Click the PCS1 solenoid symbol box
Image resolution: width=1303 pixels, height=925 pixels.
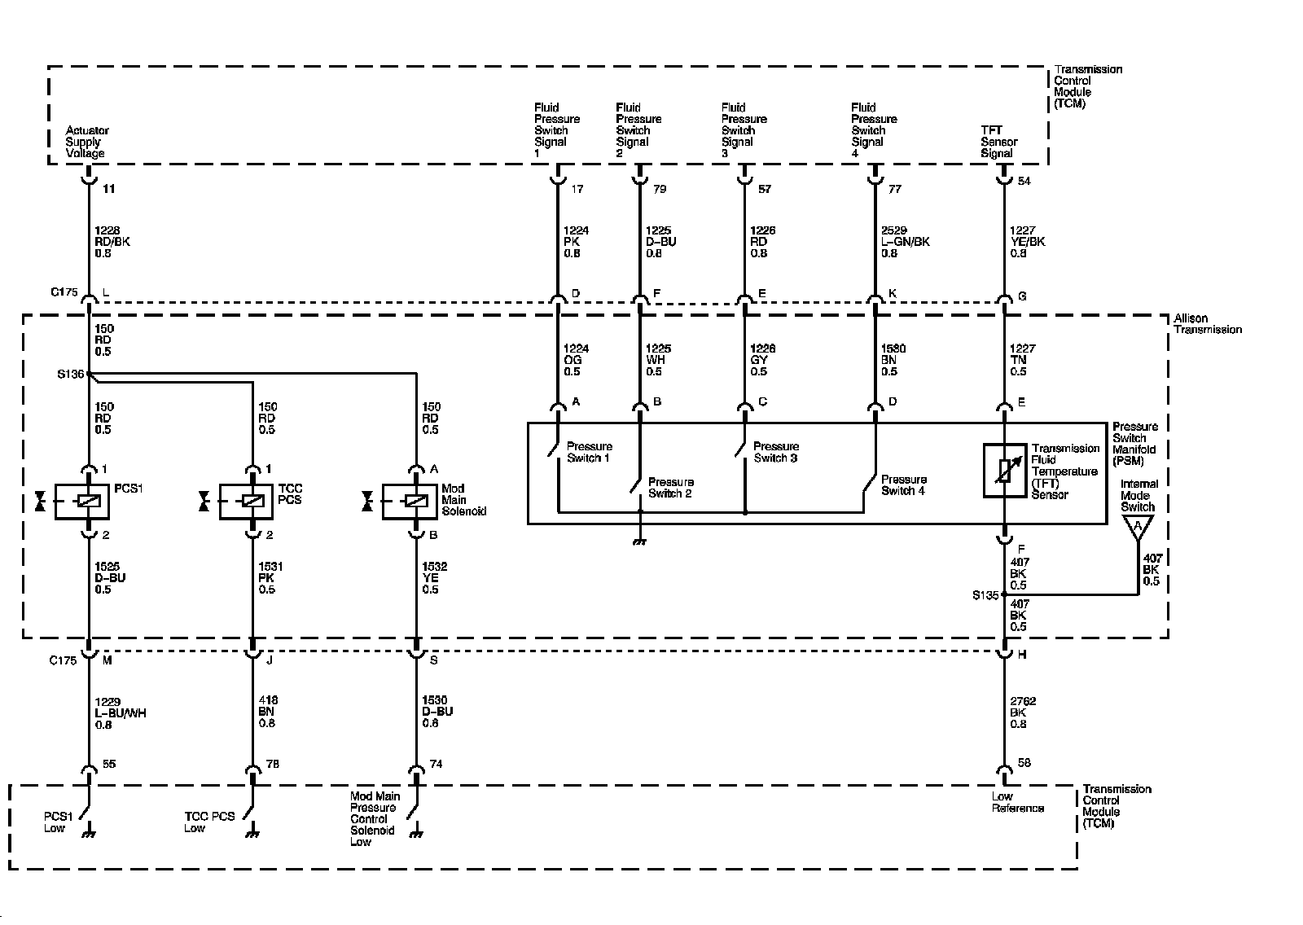point(82,501)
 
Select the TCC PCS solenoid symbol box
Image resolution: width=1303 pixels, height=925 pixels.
point(247,501)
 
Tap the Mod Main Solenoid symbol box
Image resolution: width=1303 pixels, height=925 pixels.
point(410,501)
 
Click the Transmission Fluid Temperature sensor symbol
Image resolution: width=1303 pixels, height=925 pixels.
point(1004,470)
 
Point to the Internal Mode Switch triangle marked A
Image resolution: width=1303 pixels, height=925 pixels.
point(1138,527)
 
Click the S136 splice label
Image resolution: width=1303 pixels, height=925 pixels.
point(70,375)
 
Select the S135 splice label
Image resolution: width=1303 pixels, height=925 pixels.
point(985,595)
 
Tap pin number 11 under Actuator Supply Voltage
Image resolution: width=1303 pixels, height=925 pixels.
point(109,189)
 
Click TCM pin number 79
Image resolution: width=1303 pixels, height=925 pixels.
point(660,189)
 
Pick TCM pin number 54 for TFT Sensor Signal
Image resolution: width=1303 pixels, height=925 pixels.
point(1024,181)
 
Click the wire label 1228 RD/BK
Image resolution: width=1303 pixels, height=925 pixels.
point(112,242)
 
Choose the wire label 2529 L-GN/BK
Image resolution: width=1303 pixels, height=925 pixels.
point(905,242)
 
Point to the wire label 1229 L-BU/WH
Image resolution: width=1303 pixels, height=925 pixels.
point(120,712)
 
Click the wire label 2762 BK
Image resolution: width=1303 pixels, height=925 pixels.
point(1023,712)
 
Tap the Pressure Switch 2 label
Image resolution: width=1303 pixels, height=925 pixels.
point(671,488)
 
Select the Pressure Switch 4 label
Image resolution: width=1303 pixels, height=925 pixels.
point(904,485)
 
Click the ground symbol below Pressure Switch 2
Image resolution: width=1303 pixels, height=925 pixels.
point(640,540)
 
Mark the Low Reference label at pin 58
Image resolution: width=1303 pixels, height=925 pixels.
point(1017,803)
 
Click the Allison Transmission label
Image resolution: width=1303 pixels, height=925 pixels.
point(1207,323)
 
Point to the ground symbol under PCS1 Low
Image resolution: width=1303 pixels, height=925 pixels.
point(89,834)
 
